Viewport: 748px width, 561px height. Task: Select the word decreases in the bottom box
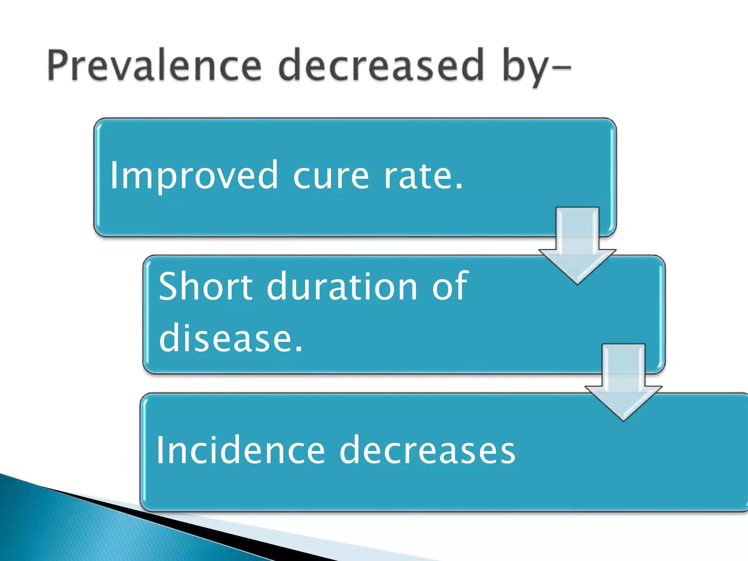427,451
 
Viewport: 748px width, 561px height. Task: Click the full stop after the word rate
459,187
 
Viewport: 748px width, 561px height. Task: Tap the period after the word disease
299,350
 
